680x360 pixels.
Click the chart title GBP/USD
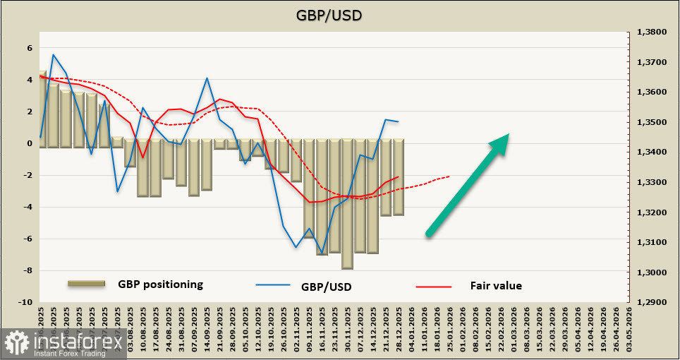coord(339,16)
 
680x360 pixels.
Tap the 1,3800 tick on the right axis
coord(652,32)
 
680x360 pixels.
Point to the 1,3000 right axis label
coord(652,272)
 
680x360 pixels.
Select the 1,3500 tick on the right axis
coord(652,123)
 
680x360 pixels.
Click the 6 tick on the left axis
coord(30,48)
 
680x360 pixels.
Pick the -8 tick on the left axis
coord(28,270)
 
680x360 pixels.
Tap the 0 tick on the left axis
coord(30,143)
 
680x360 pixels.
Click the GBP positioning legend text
coord(161,284)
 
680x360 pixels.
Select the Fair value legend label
coord(496,285)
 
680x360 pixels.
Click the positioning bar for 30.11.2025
coord(347,204)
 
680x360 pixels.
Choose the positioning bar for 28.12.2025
coord(399,177)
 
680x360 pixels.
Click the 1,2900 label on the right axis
coord(652,302)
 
